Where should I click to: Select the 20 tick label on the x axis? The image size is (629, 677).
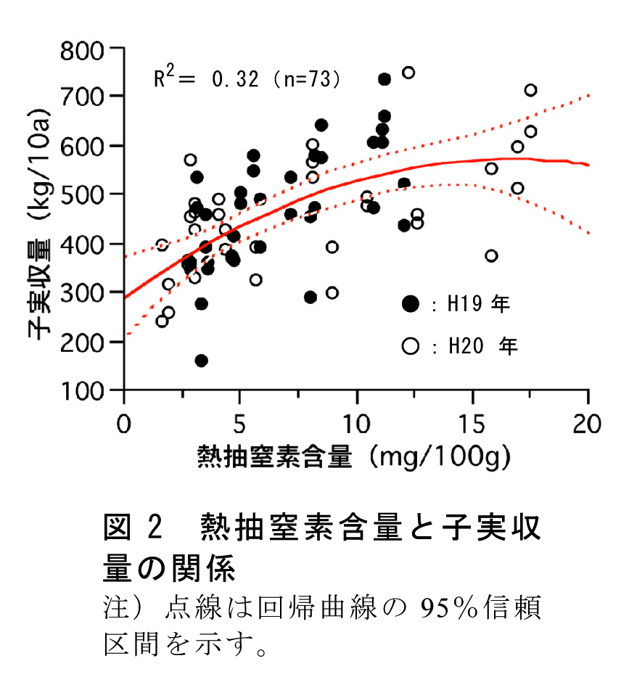pos(586,422)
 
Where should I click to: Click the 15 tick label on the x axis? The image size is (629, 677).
pos(472,422)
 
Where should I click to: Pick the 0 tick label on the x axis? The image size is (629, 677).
pos(125,422)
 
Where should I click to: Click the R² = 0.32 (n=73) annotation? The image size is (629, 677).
pos(247,78)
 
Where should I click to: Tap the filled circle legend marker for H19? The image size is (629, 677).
pos(411,304)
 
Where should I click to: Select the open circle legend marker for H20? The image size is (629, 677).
pos(411,345)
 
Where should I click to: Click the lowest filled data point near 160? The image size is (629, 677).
pos(202,361)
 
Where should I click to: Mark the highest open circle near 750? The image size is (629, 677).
pos(408,73)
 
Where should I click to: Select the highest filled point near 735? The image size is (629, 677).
pos(385,79)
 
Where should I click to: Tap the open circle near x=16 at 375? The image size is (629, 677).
pos(491,255)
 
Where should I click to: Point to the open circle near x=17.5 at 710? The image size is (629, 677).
pos(530,90)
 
